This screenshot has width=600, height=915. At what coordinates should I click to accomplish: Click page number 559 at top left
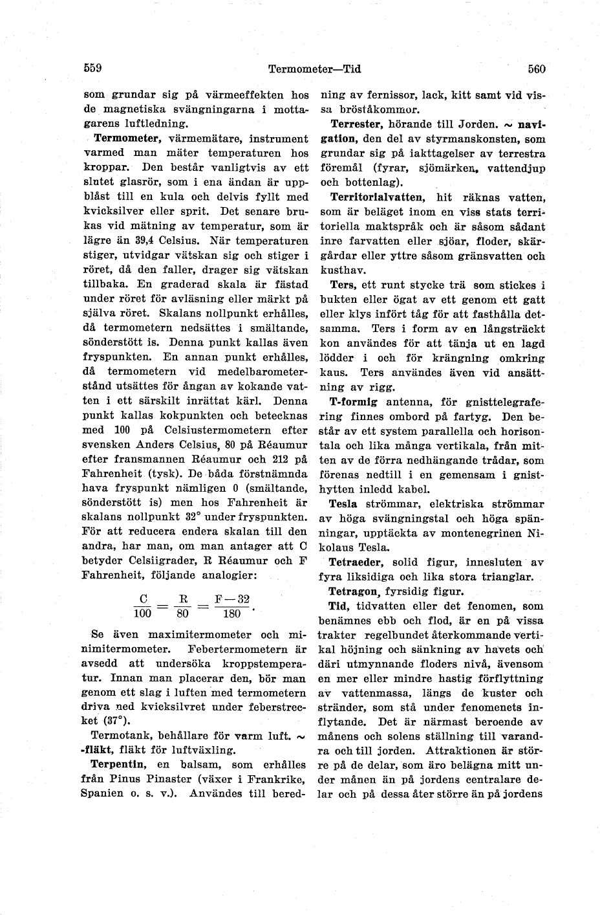(x=94, y=68)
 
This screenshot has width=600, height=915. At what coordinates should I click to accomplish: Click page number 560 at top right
(x=537, y=69)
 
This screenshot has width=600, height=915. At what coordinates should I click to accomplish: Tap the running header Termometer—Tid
(x=314, y=69)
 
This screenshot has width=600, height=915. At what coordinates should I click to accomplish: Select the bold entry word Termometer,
(x=128, y=138)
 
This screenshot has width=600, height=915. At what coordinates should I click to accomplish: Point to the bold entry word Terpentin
(x=116, y=764)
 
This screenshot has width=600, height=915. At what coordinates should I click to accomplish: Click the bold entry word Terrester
(x=357, y=124)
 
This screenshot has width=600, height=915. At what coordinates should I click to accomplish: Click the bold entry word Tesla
(x=343, y=503)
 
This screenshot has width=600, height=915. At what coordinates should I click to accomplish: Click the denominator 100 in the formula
(x=142, y=613)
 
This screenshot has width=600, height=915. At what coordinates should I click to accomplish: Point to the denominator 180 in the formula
(x=231, y=613)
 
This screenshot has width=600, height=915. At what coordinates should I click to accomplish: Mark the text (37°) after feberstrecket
(x=103, y=720)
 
